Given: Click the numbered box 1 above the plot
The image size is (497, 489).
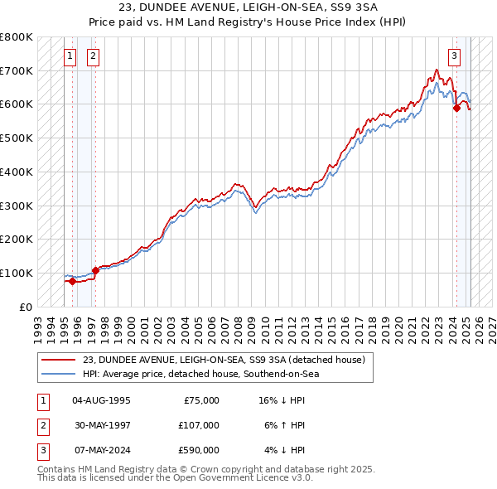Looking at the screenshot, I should [x=70, y=56].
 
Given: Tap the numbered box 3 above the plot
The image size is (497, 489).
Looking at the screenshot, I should [x=455, y=56].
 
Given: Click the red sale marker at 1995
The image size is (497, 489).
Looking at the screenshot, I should [x=72, y=281].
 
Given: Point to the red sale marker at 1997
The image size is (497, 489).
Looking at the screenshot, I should [x=95, y=269].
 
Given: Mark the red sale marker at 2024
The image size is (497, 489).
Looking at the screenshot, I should [x=456, y=107].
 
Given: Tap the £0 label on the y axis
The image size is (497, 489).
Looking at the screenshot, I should [x=26, y=307].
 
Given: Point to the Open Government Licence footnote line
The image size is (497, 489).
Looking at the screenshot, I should [x=176, y=478].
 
